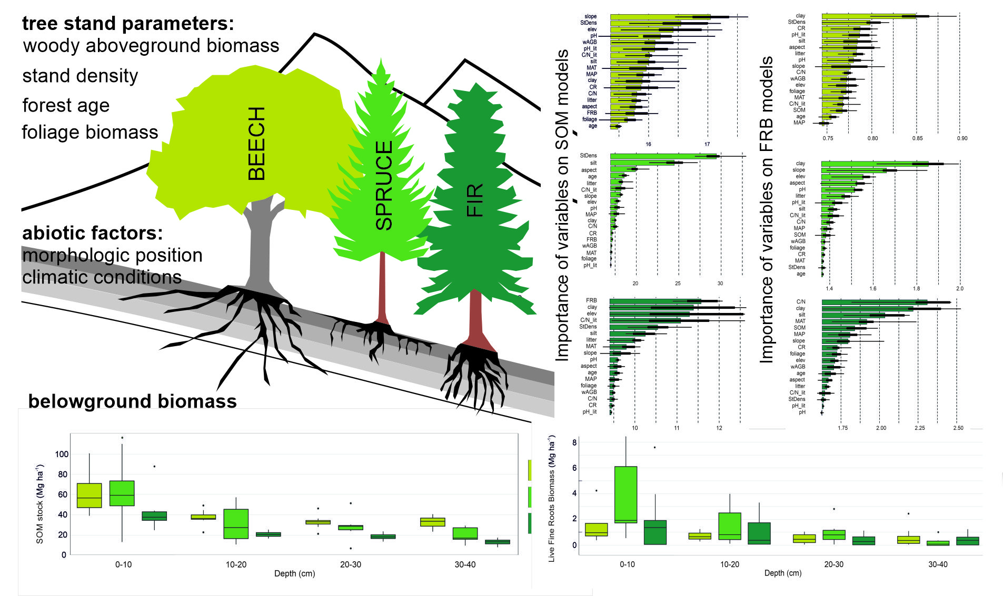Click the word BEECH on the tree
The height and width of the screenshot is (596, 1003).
(256, 144)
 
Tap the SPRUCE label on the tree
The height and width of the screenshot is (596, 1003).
(384, 185)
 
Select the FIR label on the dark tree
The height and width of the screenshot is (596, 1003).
(474, 200)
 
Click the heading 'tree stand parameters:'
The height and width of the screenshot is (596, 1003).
(128, 24)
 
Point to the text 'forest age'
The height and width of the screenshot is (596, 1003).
(66, 105)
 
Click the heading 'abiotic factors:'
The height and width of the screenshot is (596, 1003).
(93, 233)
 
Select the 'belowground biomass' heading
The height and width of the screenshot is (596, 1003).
(132, 401)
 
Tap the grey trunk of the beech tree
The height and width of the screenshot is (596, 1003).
(261, 247)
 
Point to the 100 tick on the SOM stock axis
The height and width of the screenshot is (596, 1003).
(62, 454)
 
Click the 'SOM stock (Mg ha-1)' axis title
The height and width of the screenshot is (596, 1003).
(39, 503)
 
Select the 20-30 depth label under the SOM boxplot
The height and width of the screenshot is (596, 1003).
(350, 564)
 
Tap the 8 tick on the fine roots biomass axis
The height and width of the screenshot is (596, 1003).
(574, 443)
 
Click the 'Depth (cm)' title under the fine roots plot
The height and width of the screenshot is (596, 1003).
(782, 573)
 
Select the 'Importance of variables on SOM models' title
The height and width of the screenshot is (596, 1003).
(562, 205)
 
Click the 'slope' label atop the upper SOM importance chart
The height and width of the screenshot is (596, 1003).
(590, 16)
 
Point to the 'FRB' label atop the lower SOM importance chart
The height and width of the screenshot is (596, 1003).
(591, 300)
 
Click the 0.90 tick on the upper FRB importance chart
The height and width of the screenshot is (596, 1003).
(961, 138)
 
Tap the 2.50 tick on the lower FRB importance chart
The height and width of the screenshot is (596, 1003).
(958, 428)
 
